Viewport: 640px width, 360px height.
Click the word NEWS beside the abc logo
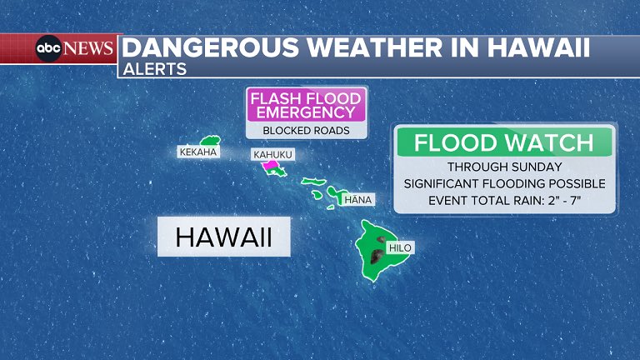point(88,48)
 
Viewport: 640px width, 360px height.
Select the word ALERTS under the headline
point(154,69)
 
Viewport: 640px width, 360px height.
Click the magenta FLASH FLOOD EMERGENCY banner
point(307,104)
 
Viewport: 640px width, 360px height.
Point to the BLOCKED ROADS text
point(307,130)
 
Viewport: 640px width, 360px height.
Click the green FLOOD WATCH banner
point(504,142)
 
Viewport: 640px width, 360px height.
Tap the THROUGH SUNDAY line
point(504,167)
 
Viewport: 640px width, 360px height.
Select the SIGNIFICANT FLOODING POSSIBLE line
point(504,183)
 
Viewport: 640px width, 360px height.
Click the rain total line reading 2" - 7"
point(504,200)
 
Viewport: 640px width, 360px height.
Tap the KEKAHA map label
point(198,152)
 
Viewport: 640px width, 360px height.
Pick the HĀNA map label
point(358,199)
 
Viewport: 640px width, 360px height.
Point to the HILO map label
point(400,247)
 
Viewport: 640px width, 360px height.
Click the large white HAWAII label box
point(223,237)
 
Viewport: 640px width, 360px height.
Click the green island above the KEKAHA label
point(207,140)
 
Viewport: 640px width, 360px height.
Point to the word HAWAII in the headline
point(534,47)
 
